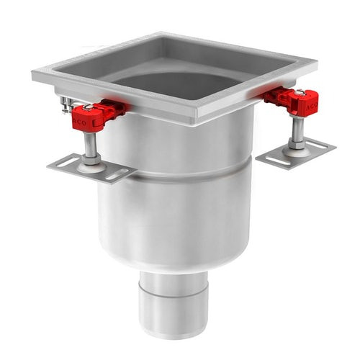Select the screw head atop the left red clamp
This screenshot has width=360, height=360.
[88, 108]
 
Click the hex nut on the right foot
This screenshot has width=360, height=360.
[296, 143]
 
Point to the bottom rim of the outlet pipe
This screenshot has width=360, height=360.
[174, 333]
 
